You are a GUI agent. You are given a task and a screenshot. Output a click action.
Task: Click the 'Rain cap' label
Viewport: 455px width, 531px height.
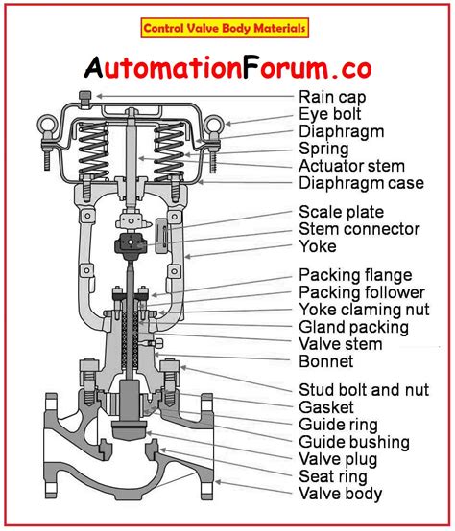coord(331,96)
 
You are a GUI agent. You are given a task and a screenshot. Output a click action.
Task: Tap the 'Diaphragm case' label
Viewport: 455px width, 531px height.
coord(361,182)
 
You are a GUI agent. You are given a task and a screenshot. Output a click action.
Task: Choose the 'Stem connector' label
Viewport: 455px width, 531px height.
coord(359,229)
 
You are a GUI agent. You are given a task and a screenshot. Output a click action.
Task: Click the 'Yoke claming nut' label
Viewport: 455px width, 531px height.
coord(364,310)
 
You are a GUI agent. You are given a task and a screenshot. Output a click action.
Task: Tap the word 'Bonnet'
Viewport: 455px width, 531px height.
coord(325,361)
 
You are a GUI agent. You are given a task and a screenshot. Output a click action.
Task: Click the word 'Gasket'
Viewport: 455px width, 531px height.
coord(325,406)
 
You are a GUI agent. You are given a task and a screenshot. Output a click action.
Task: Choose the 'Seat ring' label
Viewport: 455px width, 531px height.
coord(334,476)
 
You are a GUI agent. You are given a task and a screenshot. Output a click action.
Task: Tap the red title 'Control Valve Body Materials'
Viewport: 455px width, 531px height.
coord(225,29)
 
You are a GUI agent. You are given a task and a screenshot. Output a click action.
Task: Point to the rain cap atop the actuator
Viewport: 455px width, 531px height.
coord(85,96)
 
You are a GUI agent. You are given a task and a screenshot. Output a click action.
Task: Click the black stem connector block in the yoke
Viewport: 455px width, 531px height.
coord(127,245)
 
